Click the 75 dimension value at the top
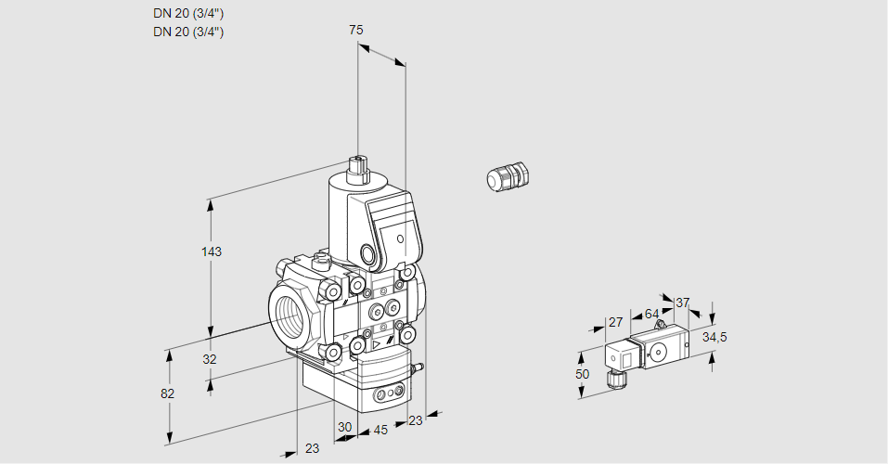click(355, 30)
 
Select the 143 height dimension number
click(212, 251)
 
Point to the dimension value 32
click(210, 359)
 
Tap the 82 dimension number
click(167, 393)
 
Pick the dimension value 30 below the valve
click(345, 428)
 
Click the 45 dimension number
click(380, 430)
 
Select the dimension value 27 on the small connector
click(614, 322)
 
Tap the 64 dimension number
click(651, 314)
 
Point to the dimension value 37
click(683, 303)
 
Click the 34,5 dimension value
click(714, 336)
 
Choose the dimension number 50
click(582, 374)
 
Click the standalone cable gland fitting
click(508, 176)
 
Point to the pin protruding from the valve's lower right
click(417, 368)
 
